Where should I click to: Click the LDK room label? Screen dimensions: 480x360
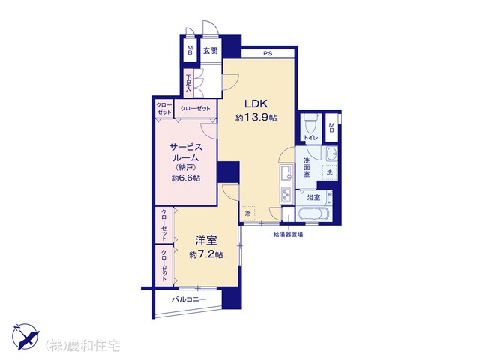tap(256, 103)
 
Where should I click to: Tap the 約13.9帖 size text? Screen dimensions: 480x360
tap(256, 118)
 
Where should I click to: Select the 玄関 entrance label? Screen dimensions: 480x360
tap(210, 51)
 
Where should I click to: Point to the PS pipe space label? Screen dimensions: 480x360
tap(268, 53)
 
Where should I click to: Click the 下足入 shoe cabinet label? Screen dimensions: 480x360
tap(188, 82)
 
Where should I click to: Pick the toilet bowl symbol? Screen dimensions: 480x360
tap(310, 124)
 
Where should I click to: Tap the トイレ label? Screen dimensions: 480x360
tap(311, 138)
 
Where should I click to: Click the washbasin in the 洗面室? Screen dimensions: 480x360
tap(331, 153)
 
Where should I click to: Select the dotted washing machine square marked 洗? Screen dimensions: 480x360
tap(330, 172)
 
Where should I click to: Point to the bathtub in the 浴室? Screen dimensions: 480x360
tap(314, 213)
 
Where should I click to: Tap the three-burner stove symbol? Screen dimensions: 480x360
tap(286, 195)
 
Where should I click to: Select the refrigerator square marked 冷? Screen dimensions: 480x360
tap(248, 213)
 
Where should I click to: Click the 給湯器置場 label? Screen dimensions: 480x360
tap(288, 235)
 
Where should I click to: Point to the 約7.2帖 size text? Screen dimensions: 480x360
tap(205, 255)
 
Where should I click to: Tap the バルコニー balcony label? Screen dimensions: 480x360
tap(189, 299)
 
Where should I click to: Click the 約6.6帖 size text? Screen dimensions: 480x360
tap(186, 178)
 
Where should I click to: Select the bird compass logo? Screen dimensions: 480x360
tap(26, 336)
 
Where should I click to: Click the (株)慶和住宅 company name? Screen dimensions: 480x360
tap(82, 346)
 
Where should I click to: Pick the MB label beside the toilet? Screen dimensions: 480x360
tap(331, 127)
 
